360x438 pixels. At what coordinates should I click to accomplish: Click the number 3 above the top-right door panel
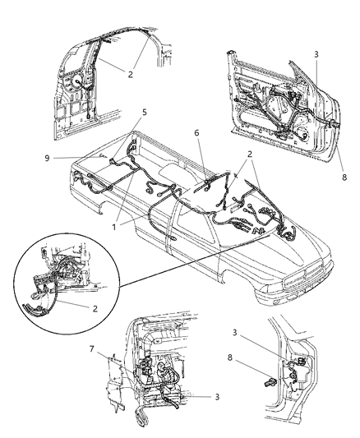point(314,53)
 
